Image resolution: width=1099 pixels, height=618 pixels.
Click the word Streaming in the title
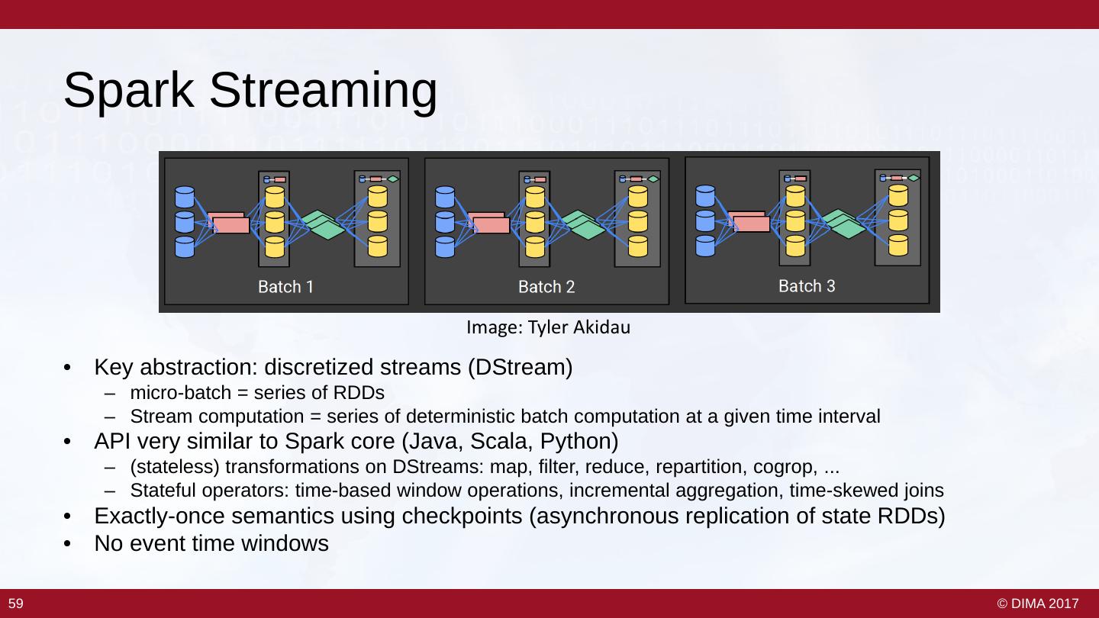pos(324,91)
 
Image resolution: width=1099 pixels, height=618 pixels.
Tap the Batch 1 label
pos(285,288)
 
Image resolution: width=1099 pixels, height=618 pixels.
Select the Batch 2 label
pos(546,288)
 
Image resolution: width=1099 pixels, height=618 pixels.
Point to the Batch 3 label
pos(807,286)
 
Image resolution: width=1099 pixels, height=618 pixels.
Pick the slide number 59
pos(16,604)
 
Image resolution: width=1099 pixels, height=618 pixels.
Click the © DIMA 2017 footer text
pos(1038,604)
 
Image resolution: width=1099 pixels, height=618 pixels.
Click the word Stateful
pos(160,491)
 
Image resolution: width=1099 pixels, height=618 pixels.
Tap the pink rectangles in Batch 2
pos(488,222)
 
